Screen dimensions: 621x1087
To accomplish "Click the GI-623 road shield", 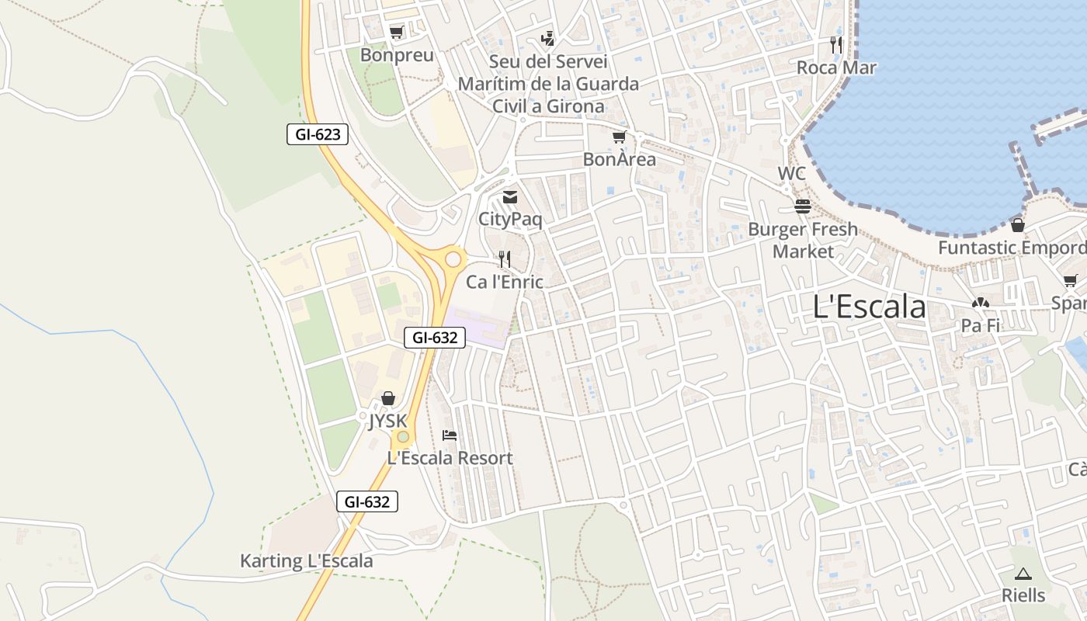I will point(318,134).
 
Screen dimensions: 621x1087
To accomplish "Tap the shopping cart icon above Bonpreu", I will point(397,33).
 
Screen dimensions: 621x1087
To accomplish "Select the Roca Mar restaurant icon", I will point(836,44).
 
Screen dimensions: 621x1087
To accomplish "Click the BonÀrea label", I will point(619,160).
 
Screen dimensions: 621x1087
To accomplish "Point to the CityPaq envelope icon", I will point(510,197).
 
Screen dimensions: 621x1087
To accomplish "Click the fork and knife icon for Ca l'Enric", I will point(505,259).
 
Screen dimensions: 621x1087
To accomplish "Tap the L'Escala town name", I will point(869,307).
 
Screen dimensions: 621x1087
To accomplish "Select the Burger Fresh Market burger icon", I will point(803,206).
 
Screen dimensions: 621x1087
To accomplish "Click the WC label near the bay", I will point(792,174).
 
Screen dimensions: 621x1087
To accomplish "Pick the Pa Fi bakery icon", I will point(980,303).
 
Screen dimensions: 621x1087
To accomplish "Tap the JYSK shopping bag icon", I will point(388,398).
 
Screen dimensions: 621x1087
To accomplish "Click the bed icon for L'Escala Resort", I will point(450,435).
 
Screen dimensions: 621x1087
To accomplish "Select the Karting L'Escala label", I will point(306,561).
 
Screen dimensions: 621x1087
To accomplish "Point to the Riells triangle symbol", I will point(1023,574).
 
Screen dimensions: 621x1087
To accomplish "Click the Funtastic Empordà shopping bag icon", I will point(1017,225).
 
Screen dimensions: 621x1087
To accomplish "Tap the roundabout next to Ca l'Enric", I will point(453,258).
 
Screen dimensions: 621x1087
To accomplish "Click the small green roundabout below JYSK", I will point(403,436).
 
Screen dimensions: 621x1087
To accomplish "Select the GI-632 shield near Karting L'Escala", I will point(367,501).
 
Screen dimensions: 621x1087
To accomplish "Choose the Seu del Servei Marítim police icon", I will point(548,38).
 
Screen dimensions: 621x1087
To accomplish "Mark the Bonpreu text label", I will point(397,55).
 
